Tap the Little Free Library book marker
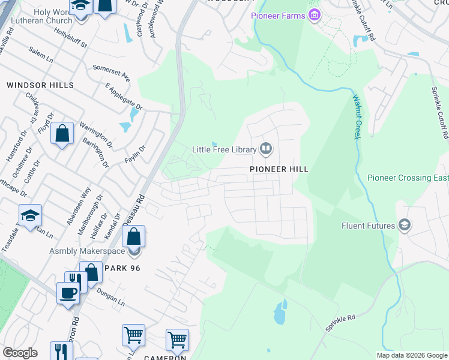[266, 149]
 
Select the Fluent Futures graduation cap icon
[405, 226]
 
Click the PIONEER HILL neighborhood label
[279, 170]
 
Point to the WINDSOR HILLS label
[40, 86]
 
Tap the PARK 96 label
[122, 268]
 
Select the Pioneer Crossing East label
[408, 178]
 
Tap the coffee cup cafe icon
[67, 293]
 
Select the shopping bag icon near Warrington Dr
[62, 134]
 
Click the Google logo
[20, 353]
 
